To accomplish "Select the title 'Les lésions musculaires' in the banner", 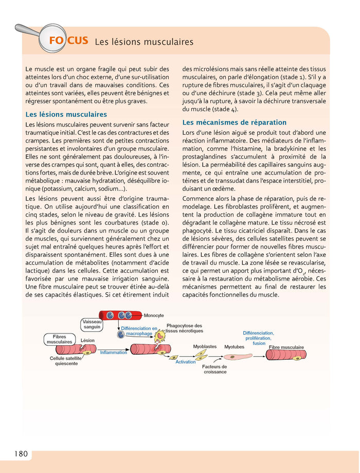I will (144, 41).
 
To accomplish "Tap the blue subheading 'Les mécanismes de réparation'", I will (234, 122).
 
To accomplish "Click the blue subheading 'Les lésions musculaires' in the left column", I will (66, 114).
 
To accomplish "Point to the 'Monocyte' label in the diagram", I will (154, 315).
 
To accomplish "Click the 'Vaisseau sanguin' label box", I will (92, 324).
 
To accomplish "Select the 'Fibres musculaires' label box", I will (60, 339).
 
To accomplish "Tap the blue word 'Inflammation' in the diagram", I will (113, 353).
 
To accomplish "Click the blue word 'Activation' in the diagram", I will (186, 362).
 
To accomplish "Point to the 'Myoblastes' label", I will (205, 346).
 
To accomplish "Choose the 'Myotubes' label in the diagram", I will (234, 347).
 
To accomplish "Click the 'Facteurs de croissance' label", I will (214, 369).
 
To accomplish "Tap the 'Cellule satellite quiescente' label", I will (66, 360).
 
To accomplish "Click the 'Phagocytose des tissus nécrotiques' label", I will (184, 328).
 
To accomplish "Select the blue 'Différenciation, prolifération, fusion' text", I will (259, 338).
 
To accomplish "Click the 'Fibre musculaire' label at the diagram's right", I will (286, 347).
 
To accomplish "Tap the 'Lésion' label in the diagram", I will (87, 340).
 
